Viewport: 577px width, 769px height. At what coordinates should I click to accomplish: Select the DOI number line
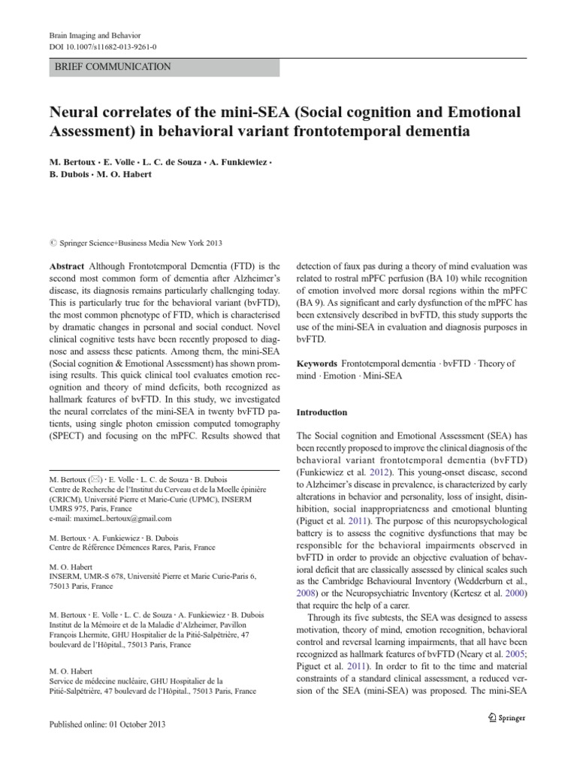click(x=98, y=47)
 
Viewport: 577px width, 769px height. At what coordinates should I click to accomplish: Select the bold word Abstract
click(x=67, y=267)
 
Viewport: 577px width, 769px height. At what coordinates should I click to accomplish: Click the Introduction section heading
click(x=322, y=412)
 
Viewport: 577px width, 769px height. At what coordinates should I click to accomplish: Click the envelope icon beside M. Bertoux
click(x=95, y=479)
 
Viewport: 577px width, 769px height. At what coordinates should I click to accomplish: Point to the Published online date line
click(x=107, y=724)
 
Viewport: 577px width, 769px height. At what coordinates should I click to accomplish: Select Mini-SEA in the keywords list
click(x=383, y=376)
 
